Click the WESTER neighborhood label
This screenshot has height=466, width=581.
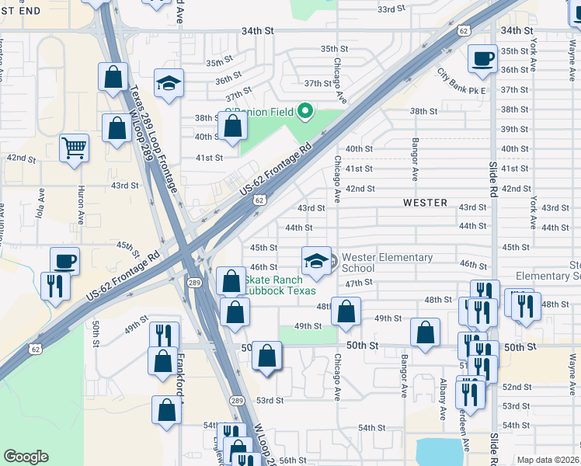coord(425,203)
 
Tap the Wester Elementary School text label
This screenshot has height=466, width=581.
coord(386,263)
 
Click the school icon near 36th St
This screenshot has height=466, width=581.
coord(168,83)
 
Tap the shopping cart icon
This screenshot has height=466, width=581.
coord(74,147)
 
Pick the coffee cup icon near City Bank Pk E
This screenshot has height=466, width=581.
coord(482,58)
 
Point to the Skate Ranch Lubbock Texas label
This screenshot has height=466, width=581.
coord(280,285)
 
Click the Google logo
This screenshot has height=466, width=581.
coord(26,457)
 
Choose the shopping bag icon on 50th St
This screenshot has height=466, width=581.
coord(266,356)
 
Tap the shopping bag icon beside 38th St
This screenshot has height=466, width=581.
coord(232,126)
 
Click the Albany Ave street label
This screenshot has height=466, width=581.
coord(443,398)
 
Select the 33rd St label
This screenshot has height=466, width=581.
coord(391,9)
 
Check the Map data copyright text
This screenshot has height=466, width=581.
coord(548,460)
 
